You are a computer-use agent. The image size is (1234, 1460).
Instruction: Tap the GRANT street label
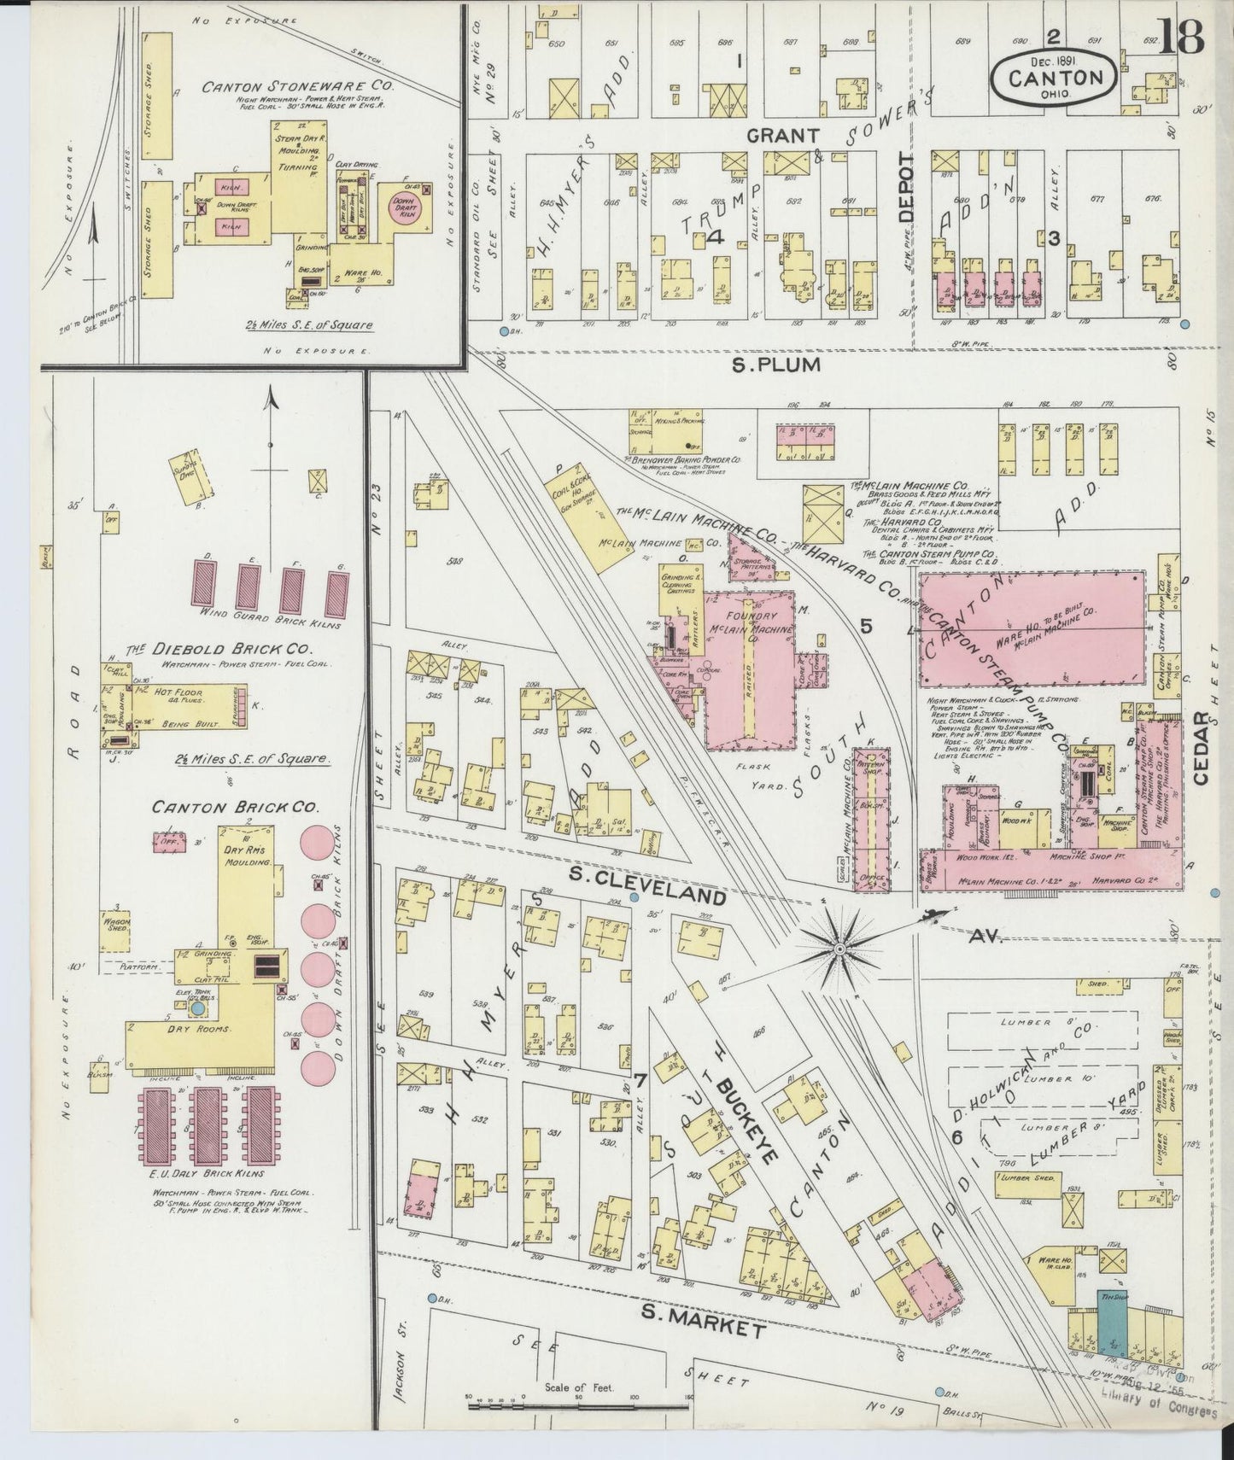click(784, 136)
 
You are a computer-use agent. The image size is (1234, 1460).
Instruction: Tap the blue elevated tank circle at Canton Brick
click(198, 1008)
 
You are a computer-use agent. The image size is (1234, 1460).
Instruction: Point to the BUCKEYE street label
click(743, 1118)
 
